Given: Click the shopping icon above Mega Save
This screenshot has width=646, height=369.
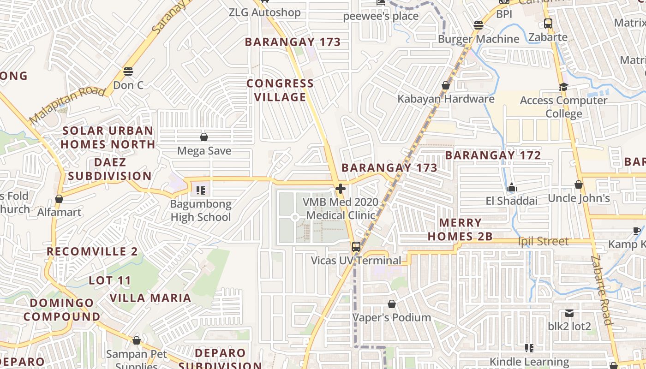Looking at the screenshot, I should coord(204,137).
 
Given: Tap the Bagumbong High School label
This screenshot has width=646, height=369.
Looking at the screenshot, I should coord(201,210).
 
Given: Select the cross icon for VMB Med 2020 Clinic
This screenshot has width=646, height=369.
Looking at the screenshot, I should coord(341,189).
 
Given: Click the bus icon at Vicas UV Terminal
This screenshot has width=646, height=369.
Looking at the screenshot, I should coord(356,246).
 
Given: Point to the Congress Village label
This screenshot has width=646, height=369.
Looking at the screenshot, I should coord(280,90).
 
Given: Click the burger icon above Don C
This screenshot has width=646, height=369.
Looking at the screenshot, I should coord(128,71).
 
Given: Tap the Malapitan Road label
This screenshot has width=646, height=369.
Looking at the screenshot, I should coord(67,104).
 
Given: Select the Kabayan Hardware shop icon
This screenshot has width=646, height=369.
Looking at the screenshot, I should coord(446,85).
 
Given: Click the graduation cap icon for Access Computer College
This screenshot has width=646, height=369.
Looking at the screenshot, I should coord(563,87).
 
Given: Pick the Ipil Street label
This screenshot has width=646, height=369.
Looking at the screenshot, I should coord(543,241).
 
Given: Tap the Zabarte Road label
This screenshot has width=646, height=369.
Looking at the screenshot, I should coord(601,291).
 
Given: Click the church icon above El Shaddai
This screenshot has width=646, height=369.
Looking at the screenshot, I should coord(511,188).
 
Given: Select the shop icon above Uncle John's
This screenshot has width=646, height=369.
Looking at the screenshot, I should coord(579,185).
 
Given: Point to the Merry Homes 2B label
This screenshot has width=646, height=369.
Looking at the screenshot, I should coord(460,230).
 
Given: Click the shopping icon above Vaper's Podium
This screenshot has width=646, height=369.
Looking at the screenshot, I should coord(392,304).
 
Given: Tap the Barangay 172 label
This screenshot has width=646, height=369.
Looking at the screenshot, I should coord(493,155).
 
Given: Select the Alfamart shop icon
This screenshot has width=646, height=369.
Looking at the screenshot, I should coord(59,199).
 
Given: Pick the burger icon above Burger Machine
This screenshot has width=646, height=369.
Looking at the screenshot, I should coord(479,25).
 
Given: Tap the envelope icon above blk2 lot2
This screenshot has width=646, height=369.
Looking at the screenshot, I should coord(569,313).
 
